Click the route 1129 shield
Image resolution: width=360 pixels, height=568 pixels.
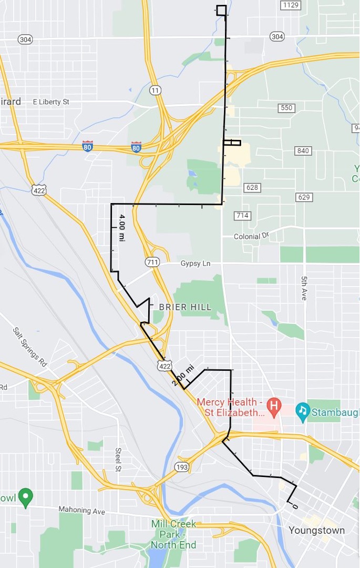290,5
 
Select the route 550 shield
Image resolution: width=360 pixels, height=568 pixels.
286,108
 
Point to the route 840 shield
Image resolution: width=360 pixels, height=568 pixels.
303,151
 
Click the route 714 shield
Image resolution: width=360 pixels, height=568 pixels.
242,216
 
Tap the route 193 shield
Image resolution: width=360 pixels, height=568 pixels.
182,467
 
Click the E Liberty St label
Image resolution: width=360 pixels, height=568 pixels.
51,102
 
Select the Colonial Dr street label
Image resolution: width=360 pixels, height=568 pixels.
254,237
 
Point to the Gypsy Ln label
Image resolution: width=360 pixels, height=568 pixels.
195,263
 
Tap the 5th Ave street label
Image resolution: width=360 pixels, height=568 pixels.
304,288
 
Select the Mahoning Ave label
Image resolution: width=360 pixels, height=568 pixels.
82,511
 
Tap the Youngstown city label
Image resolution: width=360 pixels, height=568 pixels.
317,530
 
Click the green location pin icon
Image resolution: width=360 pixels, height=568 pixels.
25,496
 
